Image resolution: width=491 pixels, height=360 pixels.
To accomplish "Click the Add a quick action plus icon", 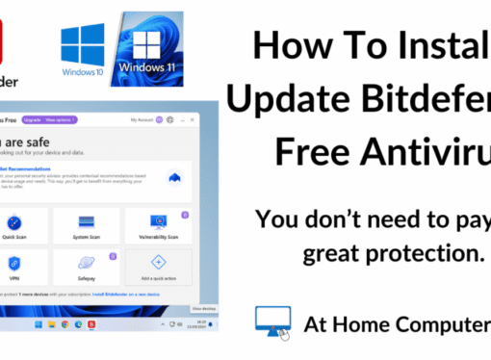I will click(158, 262).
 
